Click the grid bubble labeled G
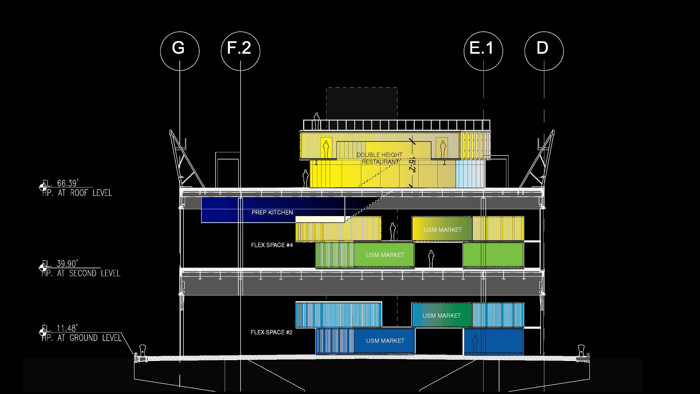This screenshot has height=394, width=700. (180, 51)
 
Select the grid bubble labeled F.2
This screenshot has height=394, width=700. (240, 51)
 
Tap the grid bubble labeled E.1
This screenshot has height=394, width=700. (483, 51)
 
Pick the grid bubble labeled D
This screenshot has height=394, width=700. (544, 51)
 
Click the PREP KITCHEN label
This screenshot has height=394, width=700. (272, 213)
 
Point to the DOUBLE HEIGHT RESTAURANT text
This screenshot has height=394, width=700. (380, 158)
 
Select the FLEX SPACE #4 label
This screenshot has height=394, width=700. (272, 245)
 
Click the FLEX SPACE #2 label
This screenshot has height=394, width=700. (272, 332)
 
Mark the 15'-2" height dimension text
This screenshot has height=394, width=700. (412, 164)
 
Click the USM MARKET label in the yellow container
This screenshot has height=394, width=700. (443, 230)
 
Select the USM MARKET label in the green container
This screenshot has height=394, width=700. (385, 255)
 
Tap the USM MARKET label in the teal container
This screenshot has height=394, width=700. (441, 316)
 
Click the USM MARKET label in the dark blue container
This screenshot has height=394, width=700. (385, 341)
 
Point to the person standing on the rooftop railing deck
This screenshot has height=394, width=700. (317, 121)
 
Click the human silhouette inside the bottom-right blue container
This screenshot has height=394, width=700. (474, 343)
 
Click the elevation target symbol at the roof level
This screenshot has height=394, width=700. (43, 187)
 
